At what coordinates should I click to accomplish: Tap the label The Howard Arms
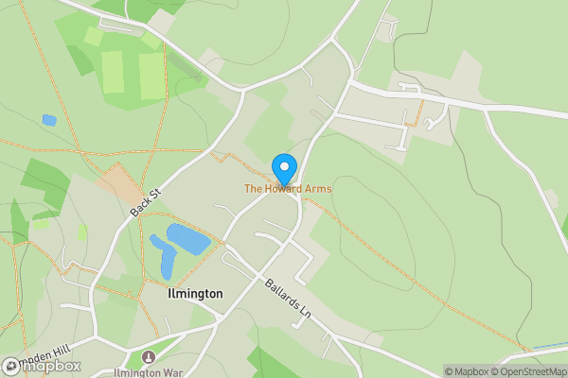click(x=288, y=189)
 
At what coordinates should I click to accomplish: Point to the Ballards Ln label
click(x=288, y=298)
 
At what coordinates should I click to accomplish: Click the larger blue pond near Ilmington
click(x=188, y=239)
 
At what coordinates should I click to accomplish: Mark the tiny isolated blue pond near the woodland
click(x=48, y=120)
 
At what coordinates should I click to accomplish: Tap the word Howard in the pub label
click(x=284, y=189)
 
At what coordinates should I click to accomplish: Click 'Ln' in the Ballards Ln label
click(x=303, y=310)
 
